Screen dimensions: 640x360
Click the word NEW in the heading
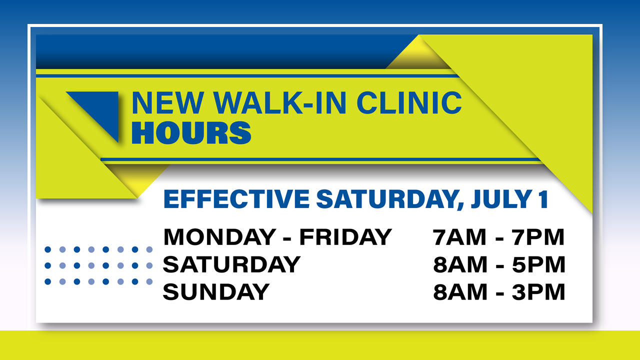point(167,103)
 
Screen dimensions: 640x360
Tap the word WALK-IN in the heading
point(280,103)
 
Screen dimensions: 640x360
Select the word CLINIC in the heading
point(409,103)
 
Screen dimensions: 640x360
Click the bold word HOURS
point(191,133)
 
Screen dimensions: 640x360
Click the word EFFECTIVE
point(236,199)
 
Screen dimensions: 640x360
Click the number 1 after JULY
point(543,199)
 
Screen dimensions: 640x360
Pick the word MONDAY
point(219,237)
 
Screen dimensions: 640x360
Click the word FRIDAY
point(345,237)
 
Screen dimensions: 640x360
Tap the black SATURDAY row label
point(231,264)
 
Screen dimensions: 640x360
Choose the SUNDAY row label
point(216,291)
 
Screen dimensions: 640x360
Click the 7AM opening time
point(459,237)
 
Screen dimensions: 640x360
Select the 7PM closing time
point(538,237)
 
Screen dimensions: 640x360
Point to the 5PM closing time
point(538,264)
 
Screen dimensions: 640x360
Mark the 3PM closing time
point(538,291)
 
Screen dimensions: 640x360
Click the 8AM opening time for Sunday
point(460,291)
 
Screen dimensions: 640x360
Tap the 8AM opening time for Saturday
point(460,264)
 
